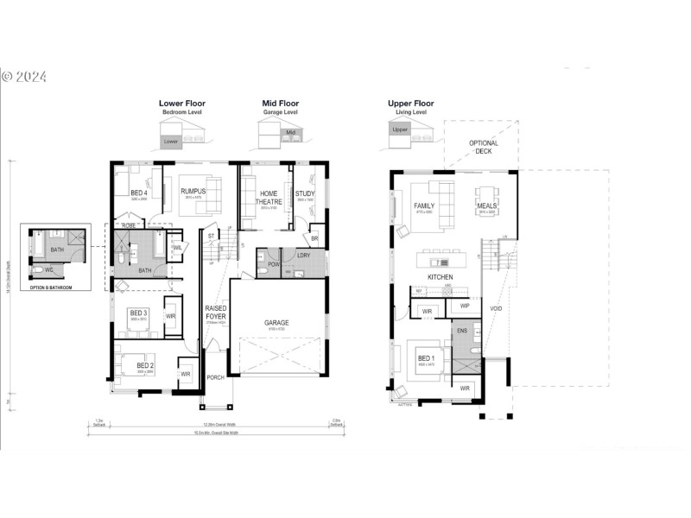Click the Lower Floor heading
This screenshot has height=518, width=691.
(181, 103)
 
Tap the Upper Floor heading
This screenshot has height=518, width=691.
(411, 103)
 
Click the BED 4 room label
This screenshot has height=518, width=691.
(140, 193)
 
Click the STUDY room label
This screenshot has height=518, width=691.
(305, 193)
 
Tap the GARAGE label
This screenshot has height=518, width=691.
(276, 323)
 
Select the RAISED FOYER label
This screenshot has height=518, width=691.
(216, 312)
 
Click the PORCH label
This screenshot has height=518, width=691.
(216, 378)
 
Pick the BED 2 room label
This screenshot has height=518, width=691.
(144, 366)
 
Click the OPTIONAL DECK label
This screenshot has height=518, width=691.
(484, 147)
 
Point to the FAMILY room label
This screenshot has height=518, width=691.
(424, 205)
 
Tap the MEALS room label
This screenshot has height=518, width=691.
(486, 205)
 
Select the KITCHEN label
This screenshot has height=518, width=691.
(441, 276)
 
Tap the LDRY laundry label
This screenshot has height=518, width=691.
(303, 256)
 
